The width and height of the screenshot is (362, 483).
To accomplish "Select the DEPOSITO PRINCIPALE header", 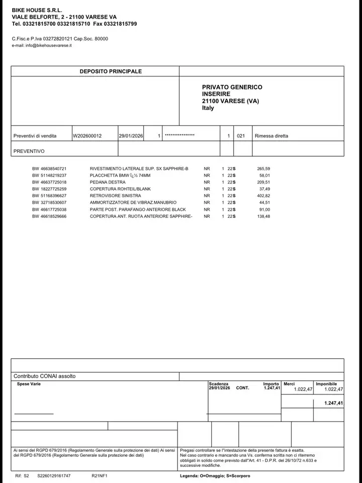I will (x=111, y=71).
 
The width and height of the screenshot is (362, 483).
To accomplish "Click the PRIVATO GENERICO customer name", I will (x=232, y=87).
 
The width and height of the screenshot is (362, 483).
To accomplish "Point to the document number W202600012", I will (x=87, y=136).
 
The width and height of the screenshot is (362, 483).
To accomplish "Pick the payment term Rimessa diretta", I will (x=271, y=136).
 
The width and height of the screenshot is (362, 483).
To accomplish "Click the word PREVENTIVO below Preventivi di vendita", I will (x=29, y=151).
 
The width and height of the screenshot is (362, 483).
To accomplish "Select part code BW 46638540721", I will (x=49, y=169).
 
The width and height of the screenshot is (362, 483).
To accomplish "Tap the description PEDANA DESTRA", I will (x=108, y=182).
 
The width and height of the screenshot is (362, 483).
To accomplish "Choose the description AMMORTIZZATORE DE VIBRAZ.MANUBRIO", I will (x=133, y=202).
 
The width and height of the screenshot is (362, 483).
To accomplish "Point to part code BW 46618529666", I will (x=49, y=216).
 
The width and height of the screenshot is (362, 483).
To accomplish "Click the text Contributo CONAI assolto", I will (x=45, y=376).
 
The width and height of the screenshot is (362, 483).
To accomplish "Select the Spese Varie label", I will (x=29, y=384).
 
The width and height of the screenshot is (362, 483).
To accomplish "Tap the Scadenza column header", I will (x=219, y=384).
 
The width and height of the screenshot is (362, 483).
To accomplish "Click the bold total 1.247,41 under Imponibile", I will (x=333, y=403).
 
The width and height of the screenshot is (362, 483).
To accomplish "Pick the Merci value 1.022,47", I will (x=303, y=389).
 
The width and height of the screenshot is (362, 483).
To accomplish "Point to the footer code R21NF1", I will (x=100, y=475).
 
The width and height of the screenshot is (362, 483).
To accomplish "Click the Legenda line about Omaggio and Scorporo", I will (x=215, y=475).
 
